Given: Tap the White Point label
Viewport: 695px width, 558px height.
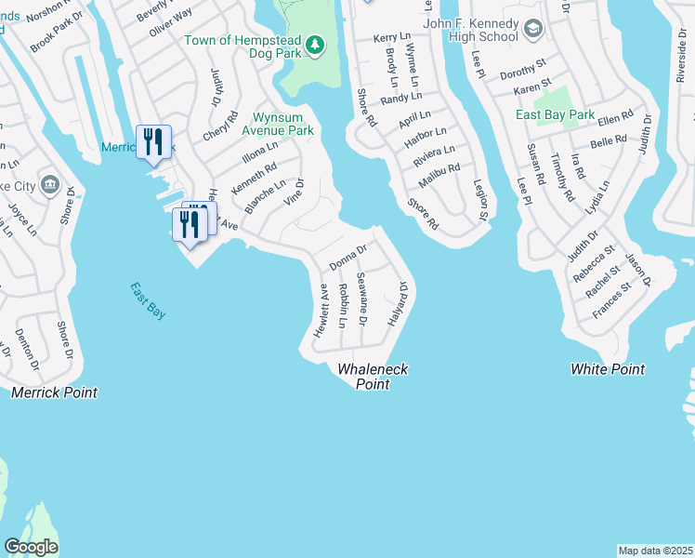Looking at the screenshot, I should click(x=608, y=369).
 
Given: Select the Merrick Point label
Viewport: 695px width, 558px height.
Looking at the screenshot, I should click(x=54, y=393).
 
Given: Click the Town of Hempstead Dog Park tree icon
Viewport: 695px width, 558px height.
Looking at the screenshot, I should click(x=315, y=45).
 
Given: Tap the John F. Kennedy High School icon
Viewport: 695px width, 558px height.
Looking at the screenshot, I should click(x=533, y=29).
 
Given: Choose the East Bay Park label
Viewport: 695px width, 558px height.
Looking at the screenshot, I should click(x=556, y=115).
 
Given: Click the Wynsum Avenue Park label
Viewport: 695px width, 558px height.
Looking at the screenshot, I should click(x=284, y=124).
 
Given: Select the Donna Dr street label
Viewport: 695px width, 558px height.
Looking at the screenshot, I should click(x=349, y=258).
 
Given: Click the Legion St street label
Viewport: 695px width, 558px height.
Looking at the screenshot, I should click(x=481, y=201).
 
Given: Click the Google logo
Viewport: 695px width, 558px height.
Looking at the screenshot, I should click(x=31, y=547).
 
